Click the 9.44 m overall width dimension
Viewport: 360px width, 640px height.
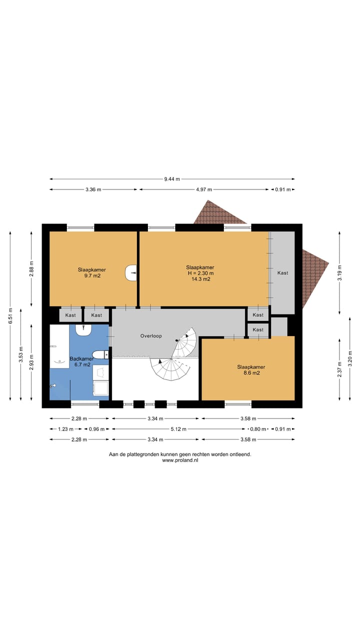point(172,179)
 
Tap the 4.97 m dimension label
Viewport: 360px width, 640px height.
point(204,189)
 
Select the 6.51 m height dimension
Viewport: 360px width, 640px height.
point(10,315)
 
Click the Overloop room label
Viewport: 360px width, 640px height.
point(151,336)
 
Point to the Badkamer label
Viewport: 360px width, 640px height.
point(81,358)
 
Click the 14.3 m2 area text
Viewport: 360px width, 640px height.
point(201,279)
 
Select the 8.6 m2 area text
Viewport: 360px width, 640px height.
point(251,373)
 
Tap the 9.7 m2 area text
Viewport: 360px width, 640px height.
point(92,275)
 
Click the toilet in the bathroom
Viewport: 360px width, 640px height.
point(100,355)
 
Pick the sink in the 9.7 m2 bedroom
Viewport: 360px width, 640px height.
point(131,273)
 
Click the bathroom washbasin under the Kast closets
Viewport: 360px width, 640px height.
point(83,330)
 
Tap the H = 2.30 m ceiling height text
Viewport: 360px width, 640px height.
point(200,273)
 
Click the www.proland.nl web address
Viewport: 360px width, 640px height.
point(180,460)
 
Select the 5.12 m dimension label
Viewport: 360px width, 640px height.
point(178,429)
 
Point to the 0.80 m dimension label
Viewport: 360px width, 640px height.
point(258,429)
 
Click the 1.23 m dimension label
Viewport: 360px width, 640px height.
point(65,429)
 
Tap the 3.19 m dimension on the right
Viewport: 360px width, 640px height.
point(340,273)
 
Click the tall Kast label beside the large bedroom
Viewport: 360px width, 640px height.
point(283,273)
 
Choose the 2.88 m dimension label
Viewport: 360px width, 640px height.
point(31,269)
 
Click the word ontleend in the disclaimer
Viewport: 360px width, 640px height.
point(240,454)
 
